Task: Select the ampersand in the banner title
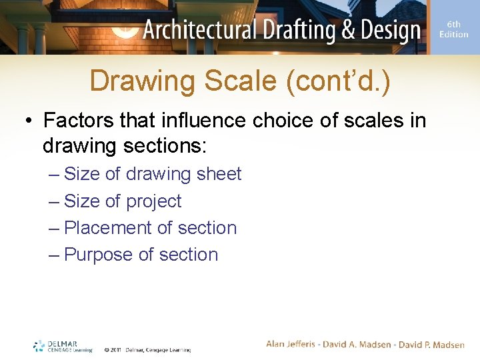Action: click(x=349, y=31)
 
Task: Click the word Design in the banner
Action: click(x=391, y=31)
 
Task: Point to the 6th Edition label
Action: click(x=453, y=30)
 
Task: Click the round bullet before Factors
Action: click(x=28, y=121)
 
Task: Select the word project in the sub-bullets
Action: click(x=155, y=201)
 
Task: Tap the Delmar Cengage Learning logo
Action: click(x=63, y=347)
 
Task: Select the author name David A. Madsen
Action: click(x=359, y=345)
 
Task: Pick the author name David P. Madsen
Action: click(x=431, y=345)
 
